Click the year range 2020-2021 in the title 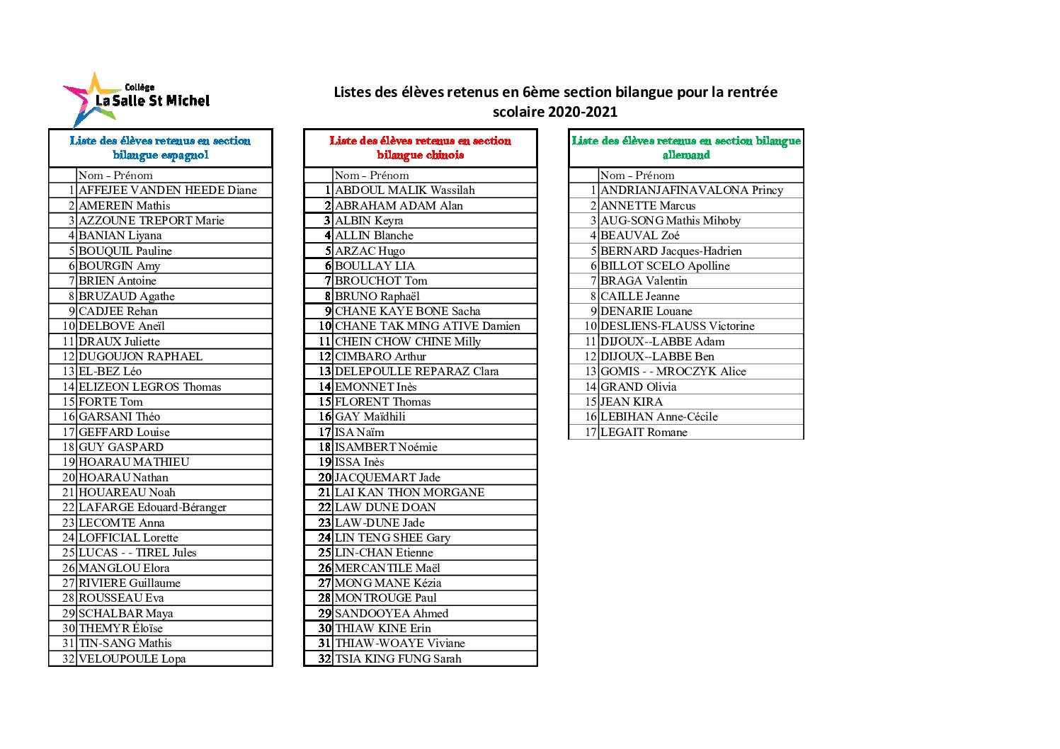(x=582, y=112)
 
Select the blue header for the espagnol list (x=161, y=148)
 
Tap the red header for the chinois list (x=420, y=148)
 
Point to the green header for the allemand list (x=685, y=148)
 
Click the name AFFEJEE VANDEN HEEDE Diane (x=168, y=190)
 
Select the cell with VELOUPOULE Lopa (x=132, y=659)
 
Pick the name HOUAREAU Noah (x=127, y=493)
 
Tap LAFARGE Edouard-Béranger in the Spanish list (x=153, y=508)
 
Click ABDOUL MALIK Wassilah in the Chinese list (x=405, y=190)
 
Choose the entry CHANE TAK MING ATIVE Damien (x=428, y=326)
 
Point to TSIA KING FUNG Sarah (x=398, y=659)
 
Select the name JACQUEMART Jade (x=387, y=478)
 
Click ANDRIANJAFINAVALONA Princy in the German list (x=692, y=190)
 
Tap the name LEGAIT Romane (x=644, y=433)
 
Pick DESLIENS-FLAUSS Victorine (x=678, y=326)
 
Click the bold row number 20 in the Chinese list (x=324, y=478)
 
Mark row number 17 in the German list (x=591, y=433)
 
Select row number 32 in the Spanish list (x=69, y=659)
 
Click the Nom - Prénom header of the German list (x=637, y=176)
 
